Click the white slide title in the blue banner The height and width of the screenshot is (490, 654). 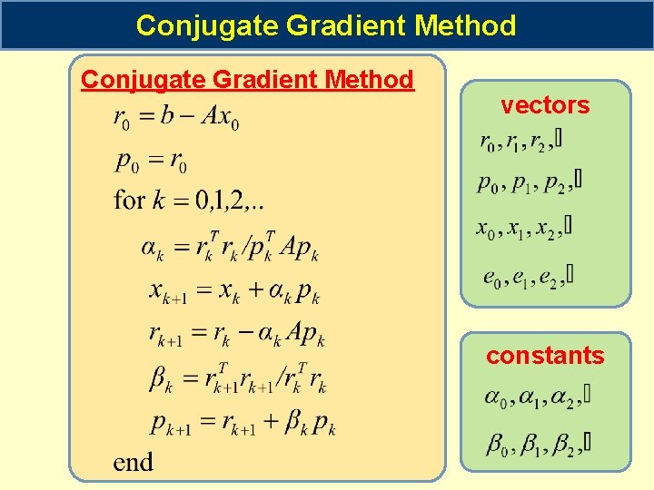coord(326,25)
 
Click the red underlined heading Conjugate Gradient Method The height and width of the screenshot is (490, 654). coord(247,80)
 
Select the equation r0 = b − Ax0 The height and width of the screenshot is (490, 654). coord(176,118)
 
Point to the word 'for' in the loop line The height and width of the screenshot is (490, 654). coord(130,199)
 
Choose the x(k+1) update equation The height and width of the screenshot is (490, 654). coord(233,291)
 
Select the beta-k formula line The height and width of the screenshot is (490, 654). coord(238,377)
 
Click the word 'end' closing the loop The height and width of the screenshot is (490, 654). coord(133,462)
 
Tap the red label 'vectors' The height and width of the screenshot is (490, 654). coord(545,105)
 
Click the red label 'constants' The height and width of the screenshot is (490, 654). coord(545,356)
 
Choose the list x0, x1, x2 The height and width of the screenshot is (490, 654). coord(524,227)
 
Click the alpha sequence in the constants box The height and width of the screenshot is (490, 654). coord(536,398)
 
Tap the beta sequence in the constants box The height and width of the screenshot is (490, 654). coord(538,444)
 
